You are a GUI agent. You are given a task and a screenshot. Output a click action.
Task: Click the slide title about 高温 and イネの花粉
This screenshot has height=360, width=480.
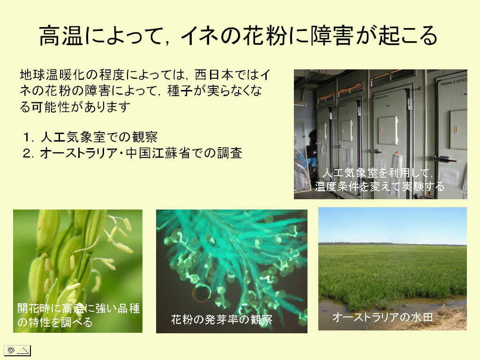pyautogui.click(x=238, y=36)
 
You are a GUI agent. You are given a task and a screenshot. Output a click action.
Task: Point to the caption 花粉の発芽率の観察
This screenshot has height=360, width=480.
pyautogui.click(x=222, y=320)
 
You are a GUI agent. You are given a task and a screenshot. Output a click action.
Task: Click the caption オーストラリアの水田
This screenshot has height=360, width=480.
pyautogui.click(x=382, y=317)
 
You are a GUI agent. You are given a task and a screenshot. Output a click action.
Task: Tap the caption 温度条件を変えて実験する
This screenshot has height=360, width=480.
pyautogui.click(x=380, y=186)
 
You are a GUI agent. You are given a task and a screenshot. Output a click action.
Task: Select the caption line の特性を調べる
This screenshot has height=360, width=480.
pyautogui.click(x=55, y=322)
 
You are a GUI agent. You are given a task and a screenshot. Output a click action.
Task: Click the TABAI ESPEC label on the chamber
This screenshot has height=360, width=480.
pyautogui.click(x=453, y=82)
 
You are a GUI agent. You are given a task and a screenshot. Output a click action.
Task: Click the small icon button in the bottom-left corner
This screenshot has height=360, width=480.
pyautogui.click(x=17, y=350)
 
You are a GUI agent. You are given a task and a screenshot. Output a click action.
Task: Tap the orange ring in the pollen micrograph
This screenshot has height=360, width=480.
pyautogui.click(x=202, y=293)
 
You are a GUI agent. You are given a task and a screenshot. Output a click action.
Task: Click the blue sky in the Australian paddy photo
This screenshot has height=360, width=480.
pyautogui.click(x=392, y=225)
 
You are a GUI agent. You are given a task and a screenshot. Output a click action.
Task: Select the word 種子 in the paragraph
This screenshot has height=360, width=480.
pyautogui.click(x=180, y=91)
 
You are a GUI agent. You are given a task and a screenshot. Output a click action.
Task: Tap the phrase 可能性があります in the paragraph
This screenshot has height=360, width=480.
pyautogui.click(x=81, y=107)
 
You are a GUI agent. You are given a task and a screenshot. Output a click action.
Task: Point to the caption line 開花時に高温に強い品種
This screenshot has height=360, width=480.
pyautogui.click(x=78, y=308)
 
